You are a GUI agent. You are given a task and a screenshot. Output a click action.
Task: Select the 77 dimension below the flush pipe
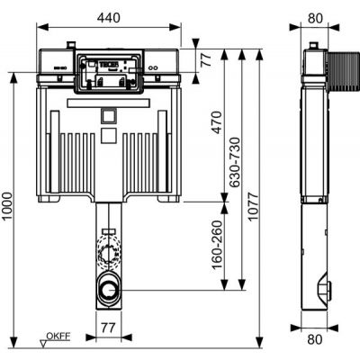coord(107,327)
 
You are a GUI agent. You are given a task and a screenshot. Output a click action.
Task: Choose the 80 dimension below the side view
coord(315,340)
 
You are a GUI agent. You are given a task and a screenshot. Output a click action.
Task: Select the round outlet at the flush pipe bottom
coord(108,290)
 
